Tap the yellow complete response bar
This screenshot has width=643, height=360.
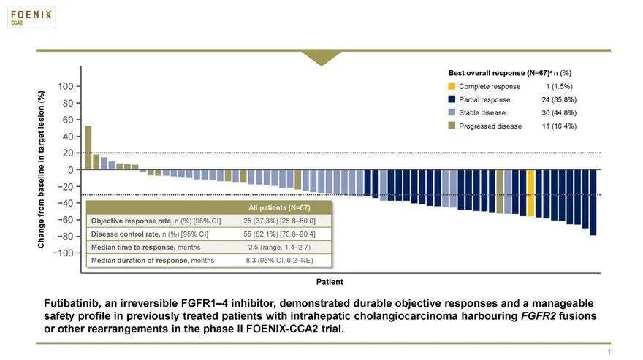coord(531,193)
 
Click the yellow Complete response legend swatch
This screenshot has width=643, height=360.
coord(452,86)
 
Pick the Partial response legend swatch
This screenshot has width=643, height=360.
coord(452,99)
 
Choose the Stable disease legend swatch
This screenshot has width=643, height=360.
coord(452,112)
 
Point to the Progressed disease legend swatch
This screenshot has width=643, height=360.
coord(452,126)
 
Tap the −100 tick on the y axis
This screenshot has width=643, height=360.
coord(64,253)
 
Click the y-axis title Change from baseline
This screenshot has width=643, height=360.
coord(42,169)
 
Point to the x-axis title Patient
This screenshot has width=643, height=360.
coord(330,281)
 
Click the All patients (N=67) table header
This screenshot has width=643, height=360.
coord(280,208)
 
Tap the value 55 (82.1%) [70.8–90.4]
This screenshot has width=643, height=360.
coord(281,234)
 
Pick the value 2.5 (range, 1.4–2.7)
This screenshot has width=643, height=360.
coord(281,247)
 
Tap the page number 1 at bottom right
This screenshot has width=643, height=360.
coord(608,353)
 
